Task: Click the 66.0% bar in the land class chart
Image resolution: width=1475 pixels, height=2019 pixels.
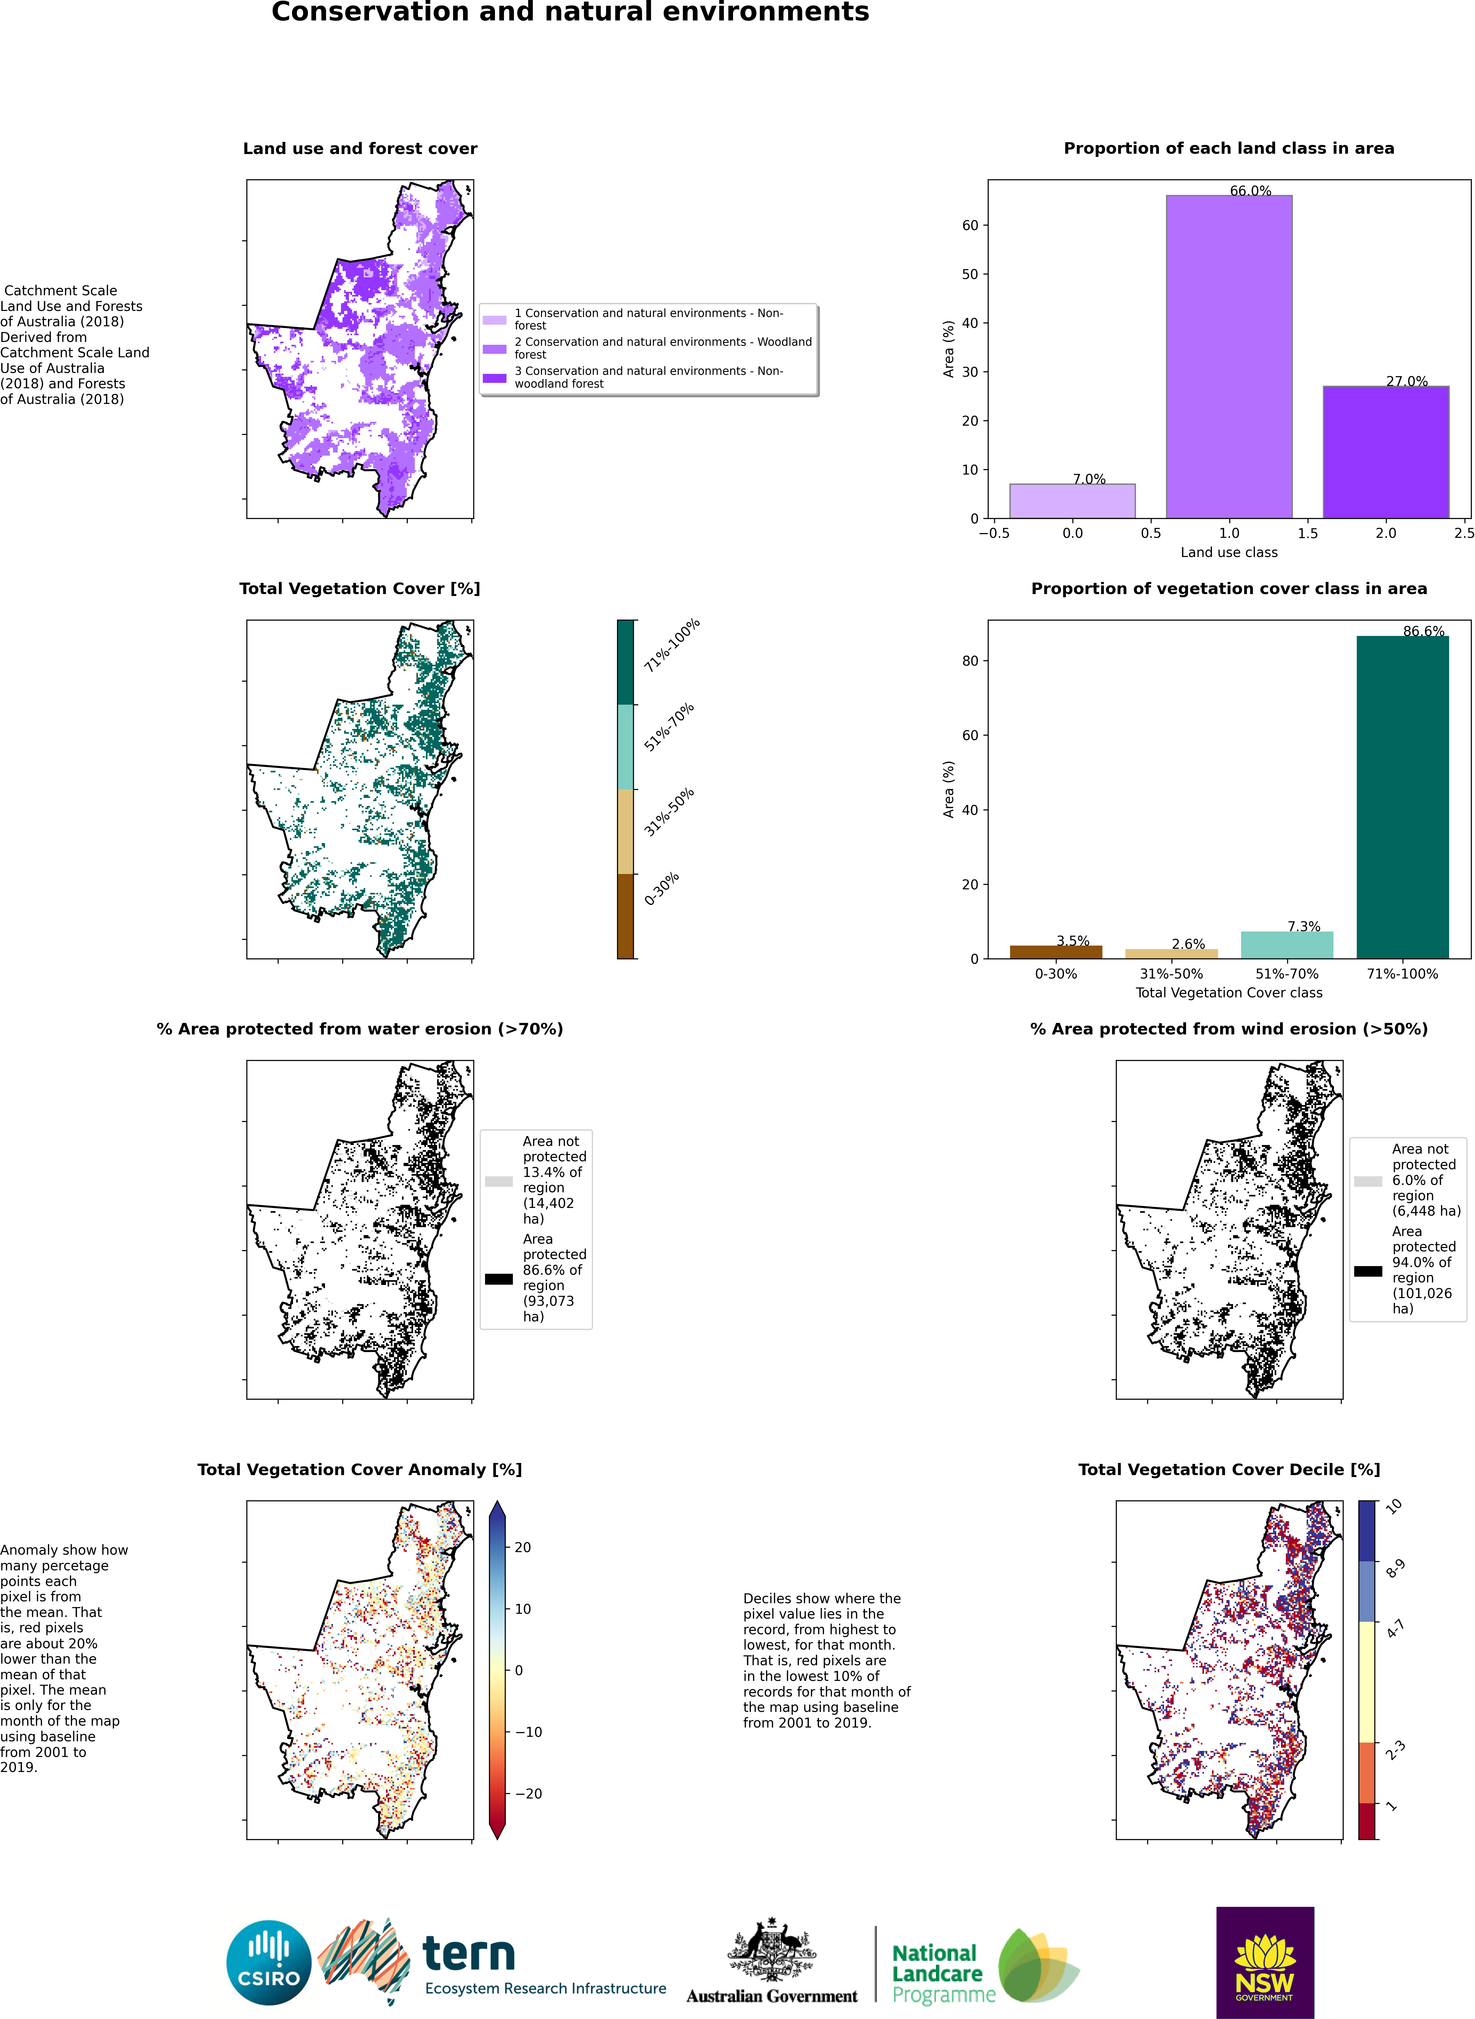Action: click(1229, 356)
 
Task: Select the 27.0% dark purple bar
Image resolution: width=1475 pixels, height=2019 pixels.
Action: click(1386, 452)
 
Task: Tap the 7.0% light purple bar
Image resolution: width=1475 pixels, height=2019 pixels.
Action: click(1072, 501)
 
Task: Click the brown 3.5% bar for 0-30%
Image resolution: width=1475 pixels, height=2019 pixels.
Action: click(1055, 952)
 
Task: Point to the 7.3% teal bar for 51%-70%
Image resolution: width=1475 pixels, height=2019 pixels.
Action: click(1286, 945)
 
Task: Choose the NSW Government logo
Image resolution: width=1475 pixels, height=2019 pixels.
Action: click(1264, 1962)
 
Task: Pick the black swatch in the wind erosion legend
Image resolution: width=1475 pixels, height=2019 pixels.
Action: click(1368, 1271)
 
